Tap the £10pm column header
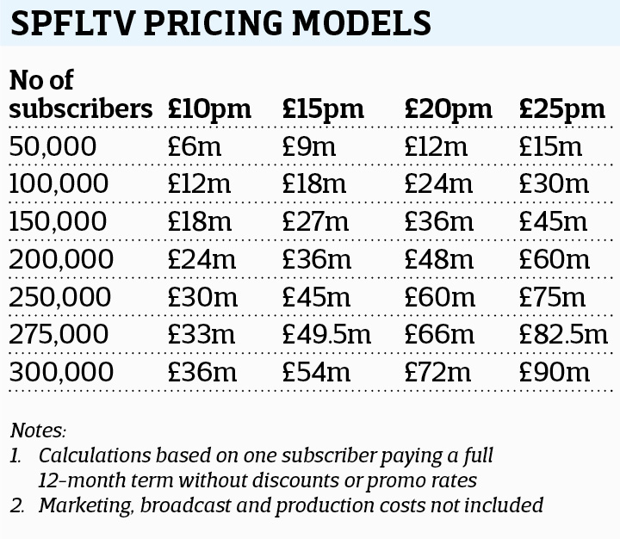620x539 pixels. (209, 109)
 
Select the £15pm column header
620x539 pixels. (324, 109)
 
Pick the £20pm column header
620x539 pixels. (448, 109)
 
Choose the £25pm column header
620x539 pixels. (562, 109)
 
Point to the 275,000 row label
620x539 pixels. (61, 335)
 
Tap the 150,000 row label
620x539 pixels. (61, 221)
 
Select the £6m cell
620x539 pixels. (195, 146)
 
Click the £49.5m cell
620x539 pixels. (327, 335)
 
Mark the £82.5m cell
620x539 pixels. (563, 335)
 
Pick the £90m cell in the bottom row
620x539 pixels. (554, 373)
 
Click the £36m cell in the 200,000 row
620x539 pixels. (316, 259)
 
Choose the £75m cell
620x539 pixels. (553, 297)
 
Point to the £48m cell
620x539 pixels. (439, 259)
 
